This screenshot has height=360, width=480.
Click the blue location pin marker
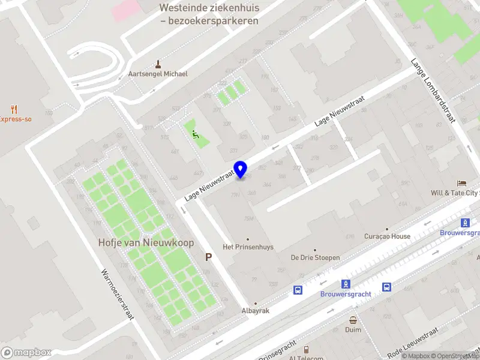point(241,169)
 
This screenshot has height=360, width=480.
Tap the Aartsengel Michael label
point(158,74)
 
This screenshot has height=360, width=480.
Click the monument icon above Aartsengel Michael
point(158,64)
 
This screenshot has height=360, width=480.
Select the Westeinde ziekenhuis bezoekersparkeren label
point(209,14)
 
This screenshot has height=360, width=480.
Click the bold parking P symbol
point(209,257)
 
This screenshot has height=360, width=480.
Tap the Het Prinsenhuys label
point(248,247)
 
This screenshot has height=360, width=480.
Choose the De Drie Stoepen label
point(315,257)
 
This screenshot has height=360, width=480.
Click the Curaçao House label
point(387,236)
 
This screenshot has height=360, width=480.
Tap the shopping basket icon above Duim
point(353,320)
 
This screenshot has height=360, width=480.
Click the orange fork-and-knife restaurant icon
point(14,109)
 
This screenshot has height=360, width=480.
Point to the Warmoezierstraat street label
point(116,293)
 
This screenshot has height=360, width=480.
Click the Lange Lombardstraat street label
point(431,91)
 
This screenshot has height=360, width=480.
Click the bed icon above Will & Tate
point(461,183)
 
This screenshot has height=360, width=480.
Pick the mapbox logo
point(26,353)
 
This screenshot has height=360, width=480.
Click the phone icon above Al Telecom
point(305,349)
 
